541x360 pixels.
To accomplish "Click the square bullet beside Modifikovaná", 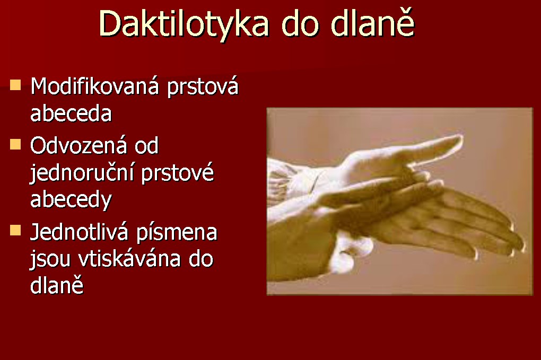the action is point(15,85).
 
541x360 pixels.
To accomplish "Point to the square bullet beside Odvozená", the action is point(15,144).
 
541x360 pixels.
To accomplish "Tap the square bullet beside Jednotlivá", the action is point(15,230).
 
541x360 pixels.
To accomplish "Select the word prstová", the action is point(203,87).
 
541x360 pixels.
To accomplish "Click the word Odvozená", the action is point(78,145).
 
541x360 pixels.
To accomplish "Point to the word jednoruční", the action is point(82,173).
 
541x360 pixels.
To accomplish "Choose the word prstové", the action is point(178,173).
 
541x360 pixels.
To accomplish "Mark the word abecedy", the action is point(71,200).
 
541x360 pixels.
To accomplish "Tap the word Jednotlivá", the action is point(79,232).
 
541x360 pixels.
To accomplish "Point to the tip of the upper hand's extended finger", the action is point(461,137).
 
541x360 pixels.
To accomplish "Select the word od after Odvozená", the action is point(146,145).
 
